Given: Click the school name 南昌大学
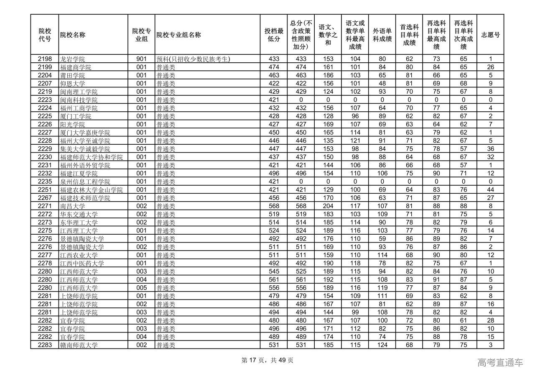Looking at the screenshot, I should click(73, 206).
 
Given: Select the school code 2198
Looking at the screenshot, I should click(45, 59).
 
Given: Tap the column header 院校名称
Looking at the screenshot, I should click(73, 35).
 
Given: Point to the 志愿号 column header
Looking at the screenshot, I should click(490, 35).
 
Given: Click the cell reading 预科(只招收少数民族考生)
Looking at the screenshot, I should click(194, 59).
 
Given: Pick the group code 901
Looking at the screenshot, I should click(141, 59).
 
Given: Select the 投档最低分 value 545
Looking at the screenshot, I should click(274, 271).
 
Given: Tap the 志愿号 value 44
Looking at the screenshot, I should click(490, 190).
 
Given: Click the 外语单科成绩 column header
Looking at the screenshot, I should click(382, 35).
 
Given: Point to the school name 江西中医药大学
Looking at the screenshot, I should click(82, 264).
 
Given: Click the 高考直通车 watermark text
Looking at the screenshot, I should click(500, 363).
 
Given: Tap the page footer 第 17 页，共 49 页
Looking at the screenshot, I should click(267, 361).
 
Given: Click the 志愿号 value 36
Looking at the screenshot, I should click(490, 149).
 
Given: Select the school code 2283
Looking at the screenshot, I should click(45, 345).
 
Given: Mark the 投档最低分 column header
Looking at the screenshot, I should click(274, 35).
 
